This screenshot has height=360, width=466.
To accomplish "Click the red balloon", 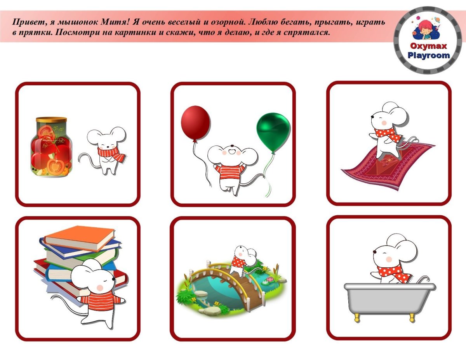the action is tap(195, 123).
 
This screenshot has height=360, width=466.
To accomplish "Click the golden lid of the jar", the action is tap(51, 119).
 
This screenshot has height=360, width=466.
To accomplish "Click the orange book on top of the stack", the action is tap(79, 238).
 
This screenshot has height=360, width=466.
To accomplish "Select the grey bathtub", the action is tap(389, 301).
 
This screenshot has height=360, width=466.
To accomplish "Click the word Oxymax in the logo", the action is tap(428, 46).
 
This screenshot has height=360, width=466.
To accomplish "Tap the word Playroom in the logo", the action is tap(428, 55).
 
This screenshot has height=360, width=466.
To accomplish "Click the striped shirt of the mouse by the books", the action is tap(100, 300).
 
